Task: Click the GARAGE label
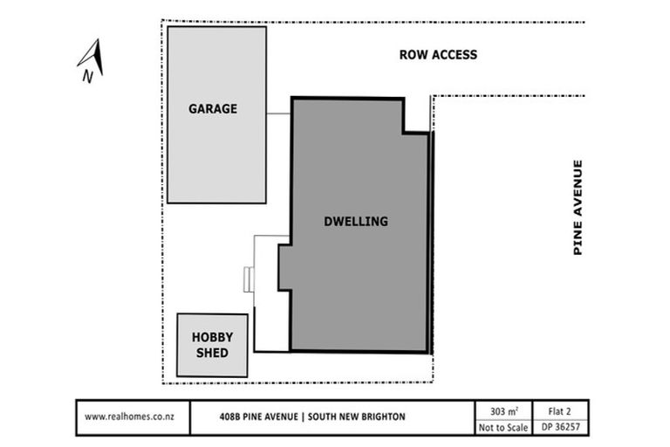213,108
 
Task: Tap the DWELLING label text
356,221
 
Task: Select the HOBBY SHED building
212,345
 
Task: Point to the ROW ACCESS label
438,55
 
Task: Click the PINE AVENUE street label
578,208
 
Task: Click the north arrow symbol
92,57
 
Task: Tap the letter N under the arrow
87,76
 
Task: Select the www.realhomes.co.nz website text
129,416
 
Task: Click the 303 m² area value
504,411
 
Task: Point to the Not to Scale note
503,427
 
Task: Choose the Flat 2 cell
559,411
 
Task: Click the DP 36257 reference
561,427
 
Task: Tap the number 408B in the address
230,416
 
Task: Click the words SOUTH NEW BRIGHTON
356,416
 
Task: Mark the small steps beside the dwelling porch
249,279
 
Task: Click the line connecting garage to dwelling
278,113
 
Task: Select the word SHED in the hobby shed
212,353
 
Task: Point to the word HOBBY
212,337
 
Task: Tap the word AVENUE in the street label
578,188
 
